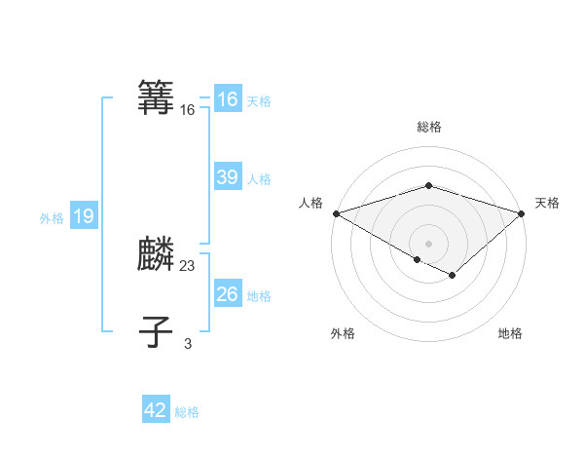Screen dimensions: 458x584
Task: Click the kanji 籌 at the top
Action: click(157, 98)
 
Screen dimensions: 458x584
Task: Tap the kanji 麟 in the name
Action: click(157, 255)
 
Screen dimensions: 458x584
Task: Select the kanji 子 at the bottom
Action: click(157, 332)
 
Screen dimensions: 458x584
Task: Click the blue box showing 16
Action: click(228, 99)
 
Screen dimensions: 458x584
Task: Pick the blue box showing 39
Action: click(228, 177)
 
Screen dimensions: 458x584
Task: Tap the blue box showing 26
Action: click(228, 294)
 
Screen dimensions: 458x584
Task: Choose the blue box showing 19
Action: click(84, 216)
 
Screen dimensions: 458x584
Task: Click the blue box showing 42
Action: click(156, 410)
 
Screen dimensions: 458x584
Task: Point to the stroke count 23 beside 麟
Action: click(188, 265)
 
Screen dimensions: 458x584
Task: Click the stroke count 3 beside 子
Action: click(188, 343)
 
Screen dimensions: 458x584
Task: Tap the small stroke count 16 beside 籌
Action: click(188, 110)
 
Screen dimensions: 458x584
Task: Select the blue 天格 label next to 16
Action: click(259, 101)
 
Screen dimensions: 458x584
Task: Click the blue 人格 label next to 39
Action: click(259, 179)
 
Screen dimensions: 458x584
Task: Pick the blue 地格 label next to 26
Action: click(259, 296)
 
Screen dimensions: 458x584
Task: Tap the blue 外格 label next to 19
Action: click(52, 218)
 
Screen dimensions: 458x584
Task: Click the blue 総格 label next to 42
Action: click(187, 412)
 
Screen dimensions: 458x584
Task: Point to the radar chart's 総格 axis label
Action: click(429, 127)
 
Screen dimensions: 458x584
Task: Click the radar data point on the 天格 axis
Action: click(522, 212)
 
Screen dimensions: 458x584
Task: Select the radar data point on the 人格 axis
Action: click(336, 212)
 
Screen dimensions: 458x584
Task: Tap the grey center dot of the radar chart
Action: click(429, 243)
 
